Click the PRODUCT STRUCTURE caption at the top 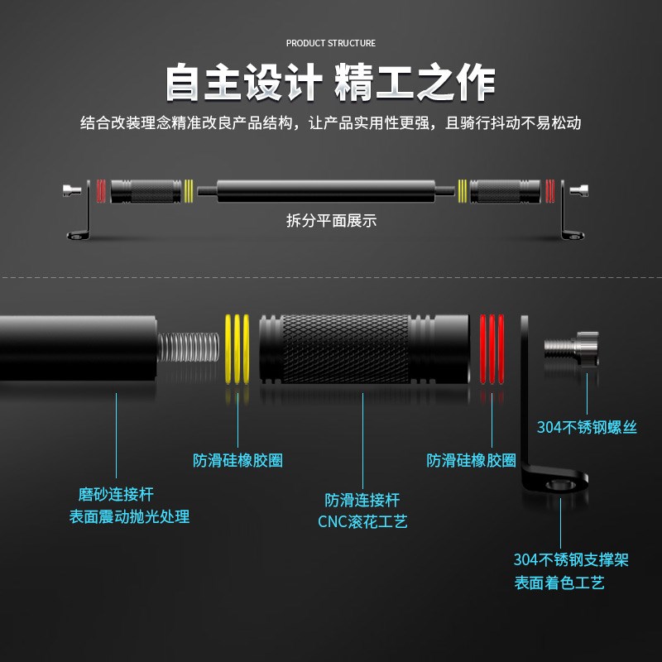pyautogui.click(x=331, y=43)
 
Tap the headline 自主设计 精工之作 pyautogui.click(x=331, y=83)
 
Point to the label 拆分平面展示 pyautogui.click(x=331, y=221)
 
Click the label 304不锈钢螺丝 pyautogui.click(x=587, y=428)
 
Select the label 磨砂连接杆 pyautogui.click(x=116, y=495)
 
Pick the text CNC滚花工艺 pyautogui.click(x=362, y=522)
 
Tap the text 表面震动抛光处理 pyautogui.click(x=129, y=517)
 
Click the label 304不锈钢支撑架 pyautogui.click(x=571, y=560)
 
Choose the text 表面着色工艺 pyautogui.click(x=559, y=583)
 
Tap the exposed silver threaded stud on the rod pyautogui.click(x=188, y=348)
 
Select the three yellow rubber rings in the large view pyautogui.click(x=237, y=348)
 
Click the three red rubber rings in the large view pyautogui.click(x=492, y=348)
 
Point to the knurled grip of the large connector pyautogui.click(x=345, y=348)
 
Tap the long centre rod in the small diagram pyautogui.click(x=331, y=190)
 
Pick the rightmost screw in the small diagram pyautogui.click(x=581, y=191)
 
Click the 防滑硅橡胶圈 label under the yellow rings pyautogui.click(x=238, y=461)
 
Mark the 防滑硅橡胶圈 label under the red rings pyautogui.click(x=472, y=461)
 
